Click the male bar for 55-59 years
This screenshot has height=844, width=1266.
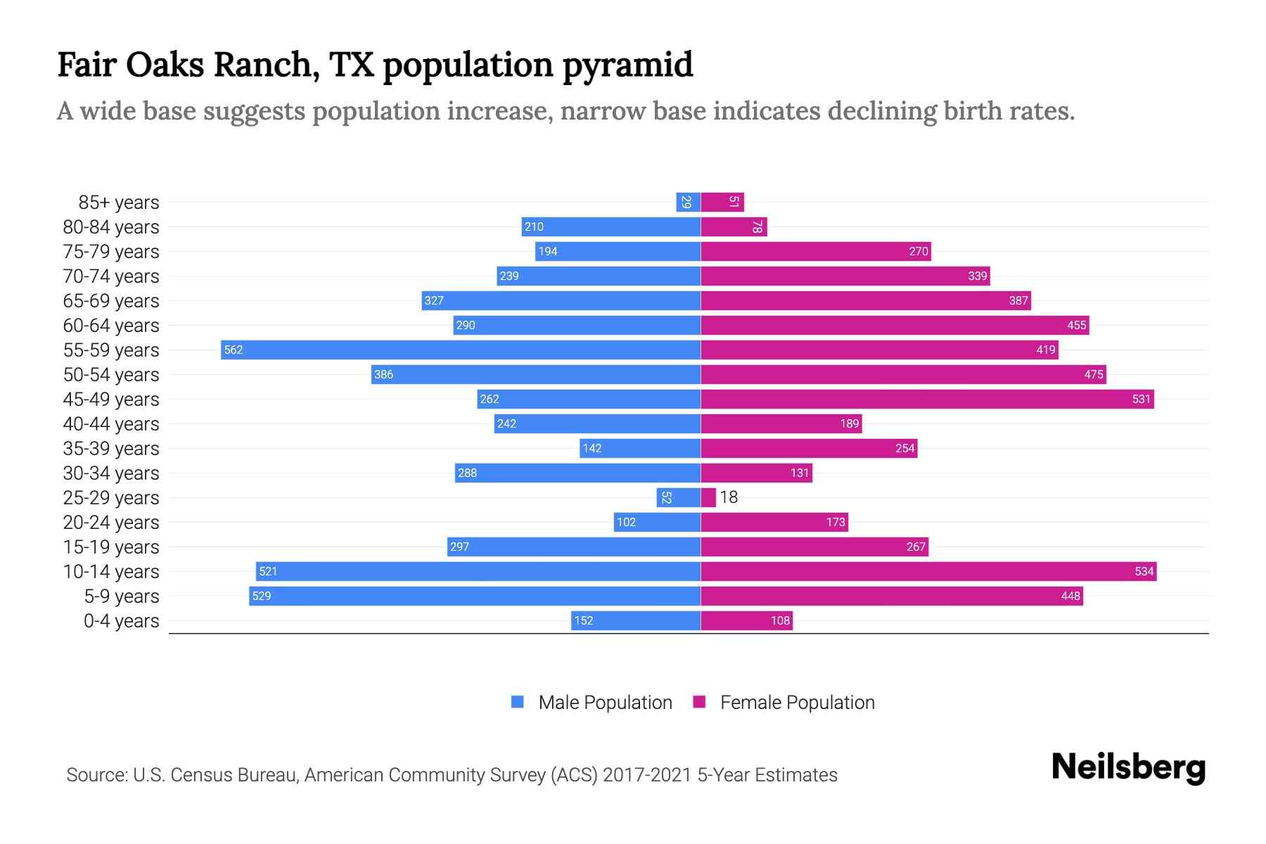[x=461, y=350]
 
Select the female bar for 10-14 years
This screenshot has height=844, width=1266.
[x=928, y=571]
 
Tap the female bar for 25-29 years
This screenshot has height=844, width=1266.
[x=708, y=497]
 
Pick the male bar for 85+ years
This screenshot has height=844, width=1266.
[x=688, y=202]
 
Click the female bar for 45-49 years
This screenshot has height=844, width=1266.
[x=927, y=399]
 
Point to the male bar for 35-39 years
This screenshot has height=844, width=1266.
[x=640, y=448]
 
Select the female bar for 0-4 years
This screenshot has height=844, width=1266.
[x=746, y=620]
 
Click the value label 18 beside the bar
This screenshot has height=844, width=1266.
[x=729, y=497]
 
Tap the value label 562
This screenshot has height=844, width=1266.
[x=233, y=350]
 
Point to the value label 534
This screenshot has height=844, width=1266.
[x=1144, y=571]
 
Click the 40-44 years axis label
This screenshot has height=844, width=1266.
[x=111, y=424]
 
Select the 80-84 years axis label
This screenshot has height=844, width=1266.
[x=111, y=227]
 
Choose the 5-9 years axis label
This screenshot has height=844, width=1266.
[x=122, y=596]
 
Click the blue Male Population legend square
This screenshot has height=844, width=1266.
[x=518, y=702]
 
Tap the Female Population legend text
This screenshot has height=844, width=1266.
[x=797, y=702]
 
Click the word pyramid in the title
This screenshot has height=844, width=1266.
[x=627, y=65]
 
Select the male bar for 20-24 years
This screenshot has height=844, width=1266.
[x=657, y=522]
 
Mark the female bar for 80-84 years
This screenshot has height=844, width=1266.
[x=734, y=226]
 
